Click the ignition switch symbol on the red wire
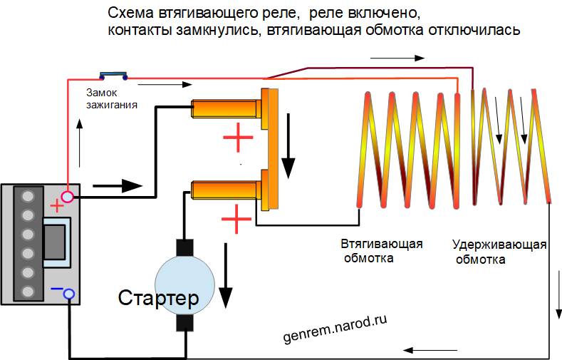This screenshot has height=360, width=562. coord(113,73)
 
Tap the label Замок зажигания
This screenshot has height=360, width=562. coord(111,98)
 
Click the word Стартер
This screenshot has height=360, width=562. coord(159,296)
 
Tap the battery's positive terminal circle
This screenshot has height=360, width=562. coord(68,195)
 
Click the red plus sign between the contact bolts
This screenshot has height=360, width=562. coord(238,140)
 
